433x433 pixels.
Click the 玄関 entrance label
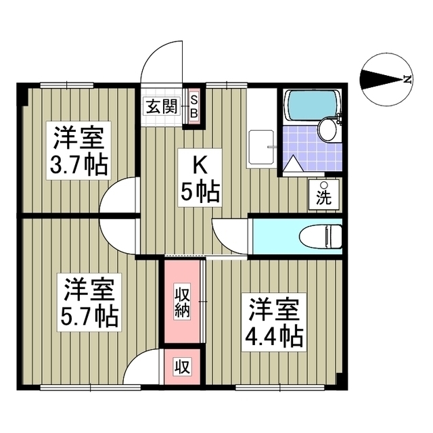[x=160, y=107]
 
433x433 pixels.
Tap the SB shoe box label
[x=193, y=107]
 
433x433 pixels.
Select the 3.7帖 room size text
[x=79, y=165]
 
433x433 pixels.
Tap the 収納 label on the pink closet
[x=182, y=302]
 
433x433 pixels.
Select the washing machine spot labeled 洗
[x=324, y=195]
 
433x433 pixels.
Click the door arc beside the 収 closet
[x=146, y=369]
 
